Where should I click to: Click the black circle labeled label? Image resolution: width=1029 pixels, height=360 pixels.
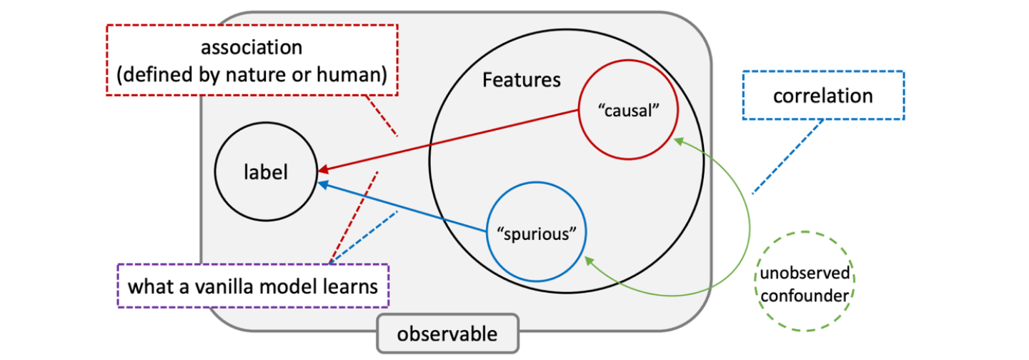click(x=265, y=173)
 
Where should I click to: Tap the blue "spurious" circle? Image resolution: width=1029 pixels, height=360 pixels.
click(x=536, y=234)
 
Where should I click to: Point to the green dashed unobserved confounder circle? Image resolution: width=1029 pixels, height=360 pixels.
click(x=805, y=281)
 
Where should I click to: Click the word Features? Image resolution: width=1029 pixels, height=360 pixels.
click(x=522, y=79)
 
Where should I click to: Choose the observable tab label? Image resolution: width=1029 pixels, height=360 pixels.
click(x=447, y=334)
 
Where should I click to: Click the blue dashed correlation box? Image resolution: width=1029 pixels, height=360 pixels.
click(x=823, y=96)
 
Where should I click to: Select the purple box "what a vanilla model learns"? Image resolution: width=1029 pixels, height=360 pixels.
click(x=252, y=286)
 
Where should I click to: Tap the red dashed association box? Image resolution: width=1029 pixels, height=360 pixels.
click(x=251, y=60)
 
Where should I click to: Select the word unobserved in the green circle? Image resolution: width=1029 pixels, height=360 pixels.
click(x=806, y=273)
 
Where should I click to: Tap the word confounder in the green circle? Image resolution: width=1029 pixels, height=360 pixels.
click(x=806, y=293)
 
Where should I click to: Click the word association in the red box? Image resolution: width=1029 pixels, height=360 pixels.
click(x=251, y=48)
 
